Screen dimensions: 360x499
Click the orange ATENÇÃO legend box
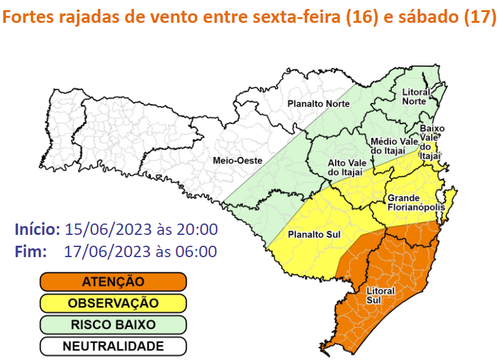113,281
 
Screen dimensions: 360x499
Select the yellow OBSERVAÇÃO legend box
113,303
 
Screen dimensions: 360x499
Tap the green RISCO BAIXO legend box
113,324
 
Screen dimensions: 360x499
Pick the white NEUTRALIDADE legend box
113,346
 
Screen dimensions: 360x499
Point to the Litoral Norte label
416,97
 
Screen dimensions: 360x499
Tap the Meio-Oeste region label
237,161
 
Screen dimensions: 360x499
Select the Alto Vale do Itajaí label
345,167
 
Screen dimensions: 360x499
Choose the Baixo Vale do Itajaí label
432,142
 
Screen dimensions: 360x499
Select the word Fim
30,251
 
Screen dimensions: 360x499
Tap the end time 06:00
197,251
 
